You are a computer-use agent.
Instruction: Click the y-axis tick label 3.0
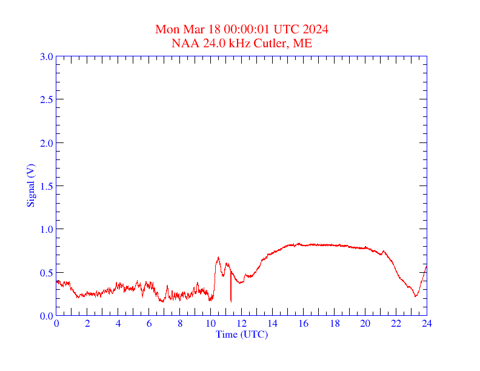[46, 56]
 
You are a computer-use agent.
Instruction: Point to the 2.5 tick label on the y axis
[46, 99]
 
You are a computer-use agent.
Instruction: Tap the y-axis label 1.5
[46, 186]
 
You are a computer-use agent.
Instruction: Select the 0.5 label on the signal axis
[46, 273]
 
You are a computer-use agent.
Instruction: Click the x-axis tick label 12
[242, 324]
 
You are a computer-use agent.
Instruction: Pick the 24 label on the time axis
[427, 324]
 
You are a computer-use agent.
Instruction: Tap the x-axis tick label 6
[149, 324]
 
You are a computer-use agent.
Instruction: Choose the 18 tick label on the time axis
[335, 324]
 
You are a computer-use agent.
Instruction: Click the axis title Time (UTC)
[242, 334]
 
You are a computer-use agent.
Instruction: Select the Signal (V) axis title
[31, 185]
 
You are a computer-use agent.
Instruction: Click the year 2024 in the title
[316, 29]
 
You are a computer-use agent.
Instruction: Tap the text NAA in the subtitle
[184, 43]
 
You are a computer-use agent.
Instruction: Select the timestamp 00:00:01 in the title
[247, 29]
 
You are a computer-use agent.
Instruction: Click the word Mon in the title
[167, 29]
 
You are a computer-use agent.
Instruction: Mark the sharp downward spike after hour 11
[231, 300]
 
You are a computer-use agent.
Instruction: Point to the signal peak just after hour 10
[218, 258]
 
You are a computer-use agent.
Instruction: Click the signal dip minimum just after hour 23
[416, 296]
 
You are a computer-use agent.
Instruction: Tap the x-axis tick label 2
[87, 324]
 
